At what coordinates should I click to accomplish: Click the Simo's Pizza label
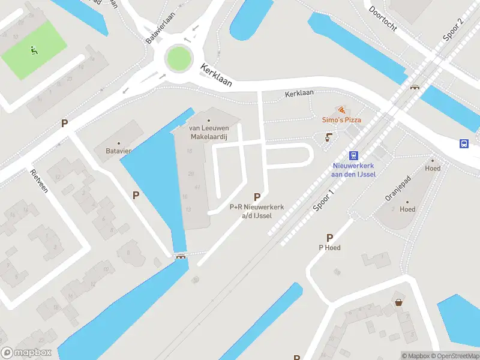point(341,120)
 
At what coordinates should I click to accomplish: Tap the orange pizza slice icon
point(341,110)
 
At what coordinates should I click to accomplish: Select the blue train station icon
point(354,155)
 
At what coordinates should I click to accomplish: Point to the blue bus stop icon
point(464,143)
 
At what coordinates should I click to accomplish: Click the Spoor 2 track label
point(454,29)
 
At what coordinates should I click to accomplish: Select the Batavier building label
point(119,151)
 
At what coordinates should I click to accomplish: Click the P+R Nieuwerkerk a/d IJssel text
point(257,211)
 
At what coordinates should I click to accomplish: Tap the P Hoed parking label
point(329,247)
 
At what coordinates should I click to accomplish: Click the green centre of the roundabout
point(178,58)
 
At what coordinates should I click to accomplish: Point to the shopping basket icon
point(398,302)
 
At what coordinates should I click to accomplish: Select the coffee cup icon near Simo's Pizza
point(328,137)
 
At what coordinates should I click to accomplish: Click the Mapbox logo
point(26,353)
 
